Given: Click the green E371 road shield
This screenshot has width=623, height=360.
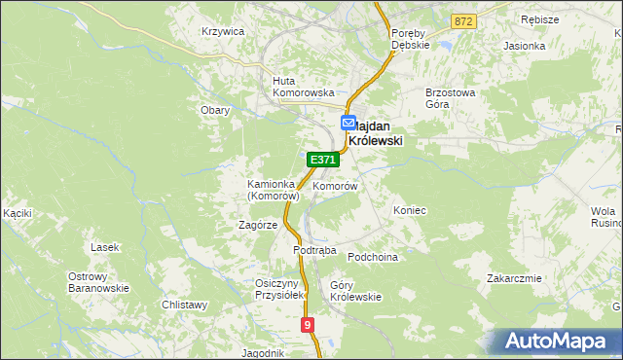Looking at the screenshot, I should click(323, 160).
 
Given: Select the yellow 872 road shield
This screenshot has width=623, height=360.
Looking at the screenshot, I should click(464, 20).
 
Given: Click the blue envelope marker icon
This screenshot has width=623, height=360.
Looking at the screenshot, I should click(348, 124).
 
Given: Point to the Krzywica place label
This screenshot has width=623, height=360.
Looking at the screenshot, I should click(222, 31).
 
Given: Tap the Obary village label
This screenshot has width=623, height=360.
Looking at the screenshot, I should click(214, 110).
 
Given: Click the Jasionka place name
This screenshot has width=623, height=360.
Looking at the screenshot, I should click(523, 46).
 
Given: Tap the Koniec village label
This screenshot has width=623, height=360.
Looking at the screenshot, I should click(409, 210).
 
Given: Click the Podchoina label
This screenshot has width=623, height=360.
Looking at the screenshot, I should click(374, 257).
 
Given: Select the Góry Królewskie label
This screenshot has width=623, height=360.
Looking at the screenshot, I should click(355, 292).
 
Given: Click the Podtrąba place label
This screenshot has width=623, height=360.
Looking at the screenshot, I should click(314, 250).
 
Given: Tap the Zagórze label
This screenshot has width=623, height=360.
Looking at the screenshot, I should click(258, 225).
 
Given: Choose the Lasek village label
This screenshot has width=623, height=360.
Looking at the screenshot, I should click(104, 247).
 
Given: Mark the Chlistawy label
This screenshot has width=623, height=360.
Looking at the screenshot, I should click(185, 305).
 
